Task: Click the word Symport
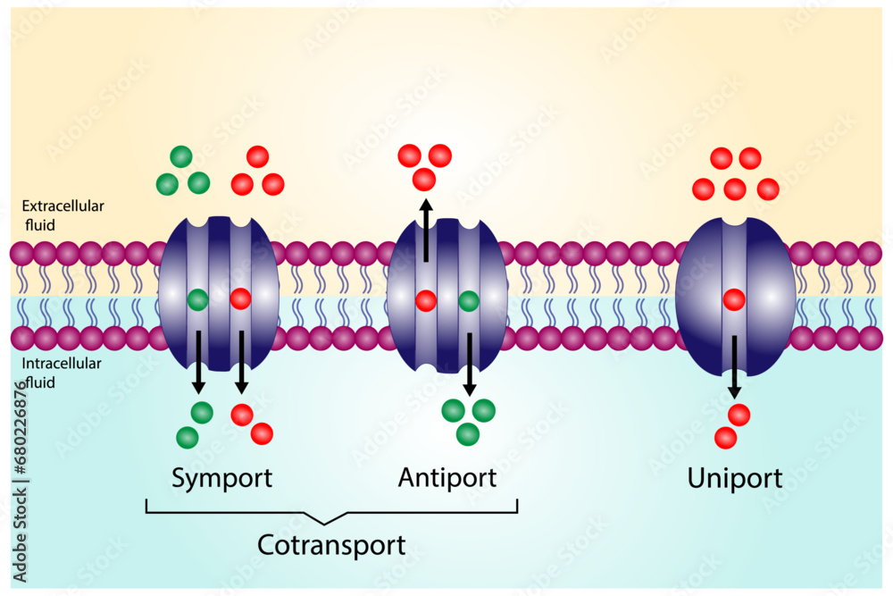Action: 221,478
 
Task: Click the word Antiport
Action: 446,478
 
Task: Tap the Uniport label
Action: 734,479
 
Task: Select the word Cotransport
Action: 331,545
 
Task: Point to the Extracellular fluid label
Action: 63,215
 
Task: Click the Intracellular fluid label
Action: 61,373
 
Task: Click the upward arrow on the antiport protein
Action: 426,231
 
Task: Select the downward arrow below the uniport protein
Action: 734,366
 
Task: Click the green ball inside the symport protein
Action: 198,299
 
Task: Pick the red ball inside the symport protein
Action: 240,299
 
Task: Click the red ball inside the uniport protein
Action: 734,299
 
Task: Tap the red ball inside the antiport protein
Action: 426,299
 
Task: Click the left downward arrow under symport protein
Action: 198,362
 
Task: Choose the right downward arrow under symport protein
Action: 240,362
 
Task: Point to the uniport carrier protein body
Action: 768,295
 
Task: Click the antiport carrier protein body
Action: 447,268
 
